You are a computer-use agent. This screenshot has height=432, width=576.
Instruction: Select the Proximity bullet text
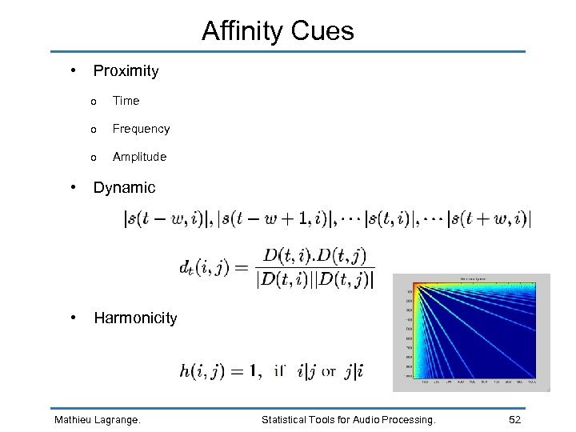[126, 71]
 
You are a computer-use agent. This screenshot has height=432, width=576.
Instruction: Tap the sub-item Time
[126, 101]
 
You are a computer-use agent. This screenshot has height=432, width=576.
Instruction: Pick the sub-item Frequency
[141, 129]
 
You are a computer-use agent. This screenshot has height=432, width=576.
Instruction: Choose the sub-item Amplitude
[139, 157]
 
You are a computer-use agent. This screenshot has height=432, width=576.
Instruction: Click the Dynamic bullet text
[124, 188]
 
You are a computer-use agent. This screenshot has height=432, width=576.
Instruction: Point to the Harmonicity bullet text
[135, 318]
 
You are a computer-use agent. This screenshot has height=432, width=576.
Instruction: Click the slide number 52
[516, 419]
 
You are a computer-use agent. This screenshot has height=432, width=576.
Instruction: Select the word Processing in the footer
[408, 419]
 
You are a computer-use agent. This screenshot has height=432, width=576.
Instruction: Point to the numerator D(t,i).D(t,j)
[314, 256]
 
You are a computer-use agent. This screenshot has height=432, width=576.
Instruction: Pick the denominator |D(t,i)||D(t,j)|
[314, 279]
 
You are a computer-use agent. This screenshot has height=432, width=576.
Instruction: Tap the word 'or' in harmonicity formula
[329, 372]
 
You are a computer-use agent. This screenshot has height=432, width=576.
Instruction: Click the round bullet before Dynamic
[74, 187]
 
